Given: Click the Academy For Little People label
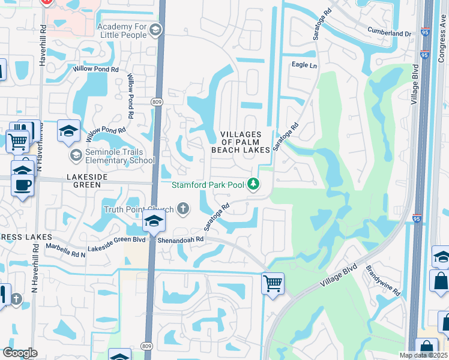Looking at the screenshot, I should pos(121,30).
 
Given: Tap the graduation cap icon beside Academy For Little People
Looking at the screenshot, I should pos(155,30).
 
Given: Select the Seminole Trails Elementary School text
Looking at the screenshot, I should pos(119,156).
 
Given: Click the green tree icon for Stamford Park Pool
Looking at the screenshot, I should pos(255,184).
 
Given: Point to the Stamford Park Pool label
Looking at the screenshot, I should pos(208,185).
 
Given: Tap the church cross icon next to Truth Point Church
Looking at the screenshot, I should pos(182,209).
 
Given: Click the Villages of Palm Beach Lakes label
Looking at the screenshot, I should pos(240,142).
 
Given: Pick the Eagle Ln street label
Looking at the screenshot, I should pos(304,65).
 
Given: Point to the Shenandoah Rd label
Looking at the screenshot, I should pos(181,239).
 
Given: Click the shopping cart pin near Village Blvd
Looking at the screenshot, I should pos(273,281).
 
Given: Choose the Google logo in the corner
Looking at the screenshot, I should pos(20,353).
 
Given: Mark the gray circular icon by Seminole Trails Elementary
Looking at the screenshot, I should pos(76,156).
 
